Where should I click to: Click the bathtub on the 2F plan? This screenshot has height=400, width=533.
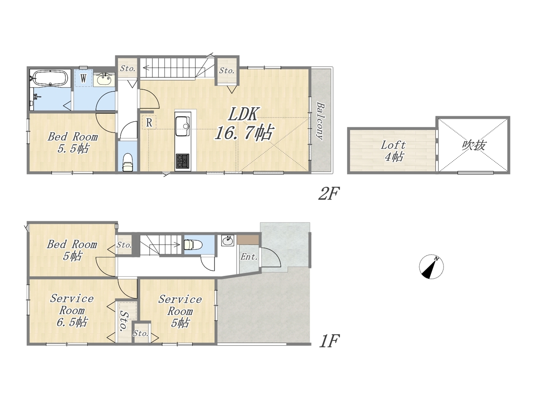click(x=50, y=78)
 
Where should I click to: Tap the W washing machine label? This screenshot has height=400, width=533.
click(x=83, y=78)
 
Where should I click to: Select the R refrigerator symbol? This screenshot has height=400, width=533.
click(x=149, y=122)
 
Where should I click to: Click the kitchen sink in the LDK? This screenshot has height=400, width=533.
click(x=183, y=126)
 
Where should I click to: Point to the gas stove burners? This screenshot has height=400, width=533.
click(x=183, y=161)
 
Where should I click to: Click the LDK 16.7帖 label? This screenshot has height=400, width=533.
click(x=244, y=124)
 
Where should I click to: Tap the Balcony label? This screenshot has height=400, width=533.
click(x=321, y=121)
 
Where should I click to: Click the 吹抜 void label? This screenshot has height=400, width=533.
click(x=474, y=145)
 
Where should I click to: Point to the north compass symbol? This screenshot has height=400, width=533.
click(x=431, y=267)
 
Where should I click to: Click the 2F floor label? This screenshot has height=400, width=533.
click(x=329, y=193)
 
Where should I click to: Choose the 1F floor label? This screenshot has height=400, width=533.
click(x=329, y=341)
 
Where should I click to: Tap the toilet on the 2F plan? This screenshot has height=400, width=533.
click(x=128, y=162)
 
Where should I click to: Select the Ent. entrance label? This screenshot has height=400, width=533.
click(x=249, y=257)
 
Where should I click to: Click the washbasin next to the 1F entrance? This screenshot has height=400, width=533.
click(x=227, y=241)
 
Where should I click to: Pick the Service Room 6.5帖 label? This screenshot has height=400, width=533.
click(x=72, y=310)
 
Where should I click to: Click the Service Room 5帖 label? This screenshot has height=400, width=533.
click(x=180, y=311)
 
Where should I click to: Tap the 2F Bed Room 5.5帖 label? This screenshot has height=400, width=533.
click(x=72, y=142)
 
